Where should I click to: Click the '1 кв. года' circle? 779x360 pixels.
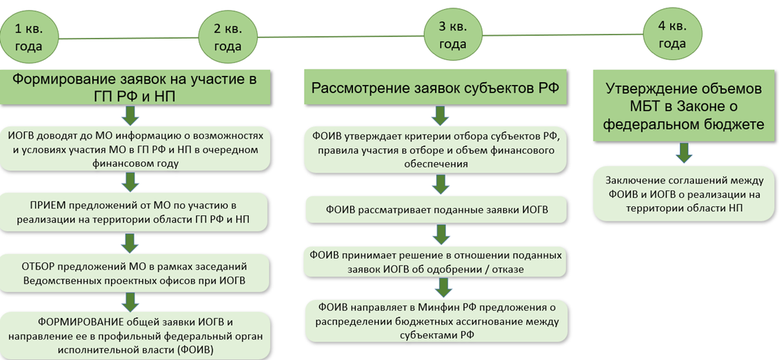pos(29,38)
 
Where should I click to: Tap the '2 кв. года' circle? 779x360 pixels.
pos(228,38)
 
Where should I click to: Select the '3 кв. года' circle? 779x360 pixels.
pos(453,37)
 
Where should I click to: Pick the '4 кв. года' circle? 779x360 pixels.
pos(672,37)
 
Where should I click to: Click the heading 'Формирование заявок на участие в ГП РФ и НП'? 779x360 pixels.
pos(135,88)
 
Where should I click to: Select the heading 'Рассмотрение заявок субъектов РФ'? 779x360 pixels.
pos(435,88)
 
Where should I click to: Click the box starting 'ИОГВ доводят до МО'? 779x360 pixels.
pos(135,149)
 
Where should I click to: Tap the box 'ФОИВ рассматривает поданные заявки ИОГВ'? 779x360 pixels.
pos(436,210)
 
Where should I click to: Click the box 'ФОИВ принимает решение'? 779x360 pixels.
pos(436,262)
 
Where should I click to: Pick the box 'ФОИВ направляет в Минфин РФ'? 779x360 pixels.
pos(436,321)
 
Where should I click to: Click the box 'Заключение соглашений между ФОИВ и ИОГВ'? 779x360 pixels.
pos(683,194)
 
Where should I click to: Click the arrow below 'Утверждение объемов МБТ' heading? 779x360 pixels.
pos(684,152)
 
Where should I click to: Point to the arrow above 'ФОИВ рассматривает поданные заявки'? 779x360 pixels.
pos(441,184)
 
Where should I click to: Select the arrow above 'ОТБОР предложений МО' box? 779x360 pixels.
pos(131,243)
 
